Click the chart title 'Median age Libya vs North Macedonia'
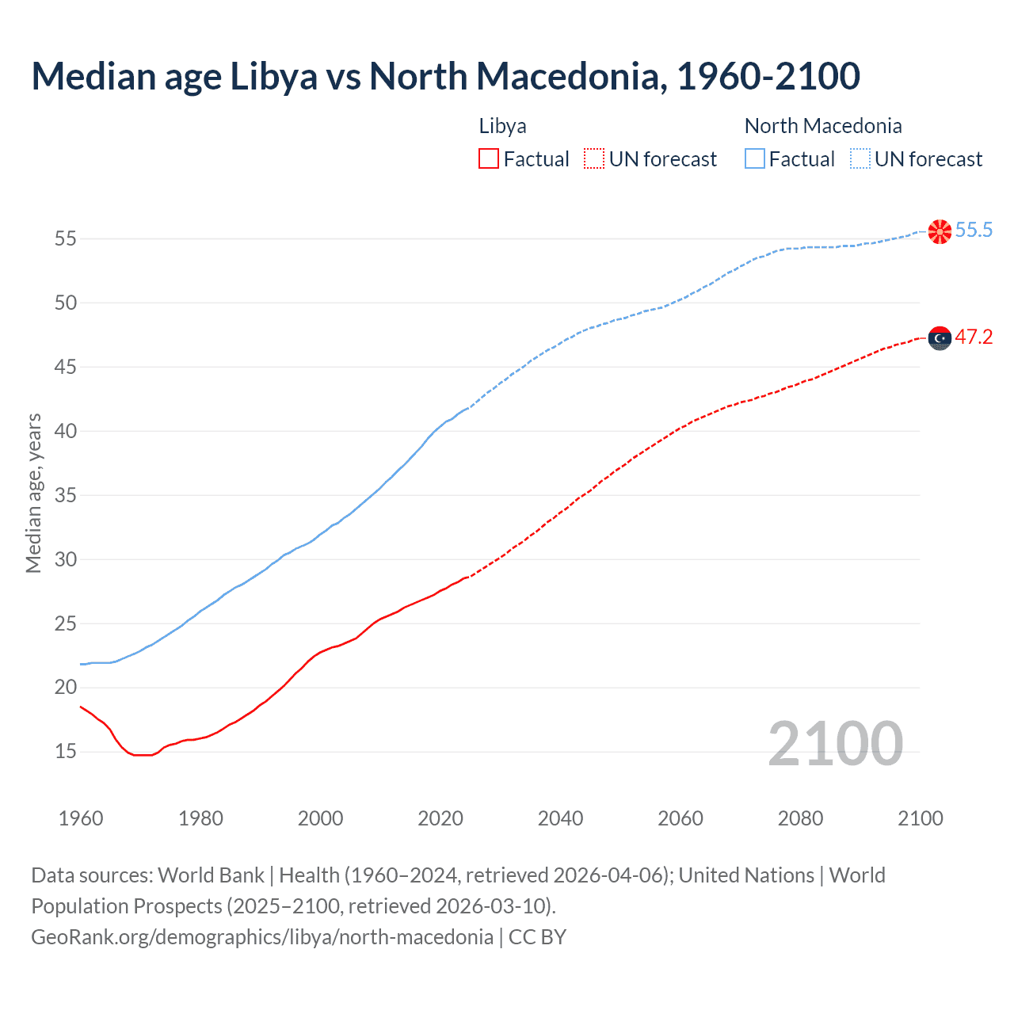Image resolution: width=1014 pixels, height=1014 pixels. [x=445, y=77]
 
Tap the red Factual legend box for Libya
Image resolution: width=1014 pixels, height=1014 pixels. [x=488, y=159]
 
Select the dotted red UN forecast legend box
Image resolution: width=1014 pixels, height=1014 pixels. [x=594, y=159]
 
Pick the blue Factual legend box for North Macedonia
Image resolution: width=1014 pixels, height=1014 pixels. [x=754, y=159]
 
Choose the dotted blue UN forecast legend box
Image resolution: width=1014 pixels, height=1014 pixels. [x=860, y=159]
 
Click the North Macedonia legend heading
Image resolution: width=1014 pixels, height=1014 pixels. [x=822, y=126]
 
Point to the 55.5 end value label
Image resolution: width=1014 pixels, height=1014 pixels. [x=974, y=231]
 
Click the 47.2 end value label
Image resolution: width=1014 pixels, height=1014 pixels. [x=974, y=337]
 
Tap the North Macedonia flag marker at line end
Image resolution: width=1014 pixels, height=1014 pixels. [x=940, y=231]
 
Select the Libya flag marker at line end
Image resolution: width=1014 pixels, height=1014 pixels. [x=940, y=338]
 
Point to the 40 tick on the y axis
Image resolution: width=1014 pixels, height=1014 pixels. [x=66, y=431]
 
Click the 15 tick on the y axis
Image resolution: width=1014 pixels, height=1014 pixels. [x=66, y=751]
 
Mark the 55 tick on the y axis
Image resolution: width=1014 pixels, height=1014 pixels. [x=66, y=238]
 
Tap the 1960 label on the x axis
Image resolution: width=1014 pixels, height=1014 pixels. [x=81, y=818]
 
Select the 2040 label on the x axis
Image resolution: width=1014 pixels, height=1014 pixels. [x=560, y=818]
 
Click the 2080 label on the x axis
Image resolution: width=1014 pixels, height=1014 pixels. [x=800, y=818]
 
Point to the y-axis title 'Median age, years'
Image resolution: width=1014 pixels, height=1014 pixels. [x=33, y=493]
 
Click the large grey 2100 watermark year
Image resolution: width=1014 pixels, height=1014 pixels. [x=835, y=744]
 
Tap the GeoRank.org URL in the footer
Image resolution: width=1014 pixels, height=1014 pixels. [x=261, y=937]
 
